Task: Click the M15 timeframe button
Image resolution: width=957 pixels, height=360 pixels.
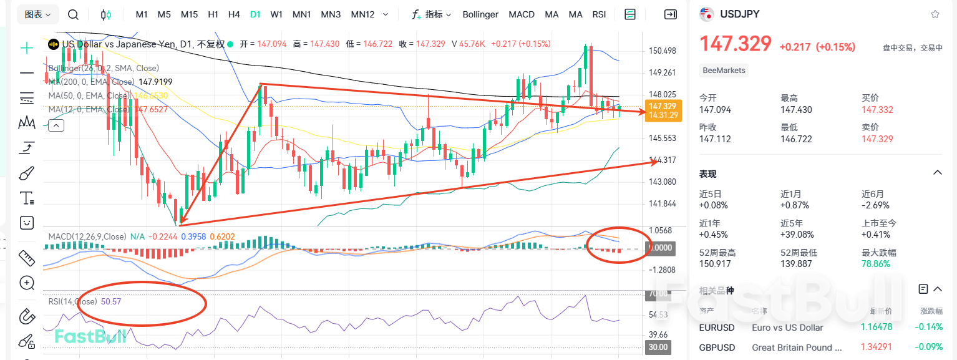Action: point(189,14)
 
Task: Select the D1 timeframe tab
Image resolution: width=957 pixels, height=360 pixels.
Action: point(255,14)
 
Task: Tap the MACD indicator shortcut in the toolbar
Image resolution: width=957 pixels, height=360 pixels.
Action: point(521,14)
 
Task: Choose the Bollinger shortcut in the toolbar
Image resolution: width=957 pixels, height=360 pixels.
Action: point(481,14)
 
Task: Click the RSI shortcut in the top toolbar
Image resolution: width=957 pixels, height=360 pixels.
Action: point(599,14)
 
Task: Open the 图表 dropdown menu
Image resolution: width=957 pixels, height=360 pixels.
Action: point(39,14)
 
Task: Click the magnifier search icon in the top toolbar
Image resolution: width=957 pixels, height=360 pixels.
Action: point(73,14)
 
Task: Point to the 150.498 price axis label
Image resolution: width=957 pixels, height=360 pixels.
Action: point(663,51)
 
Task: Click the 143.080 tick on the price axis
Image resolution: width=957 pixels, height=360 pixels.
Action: point(663,182)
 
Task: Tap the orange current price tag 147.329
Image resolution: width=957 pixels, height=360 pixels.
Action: point(663,107)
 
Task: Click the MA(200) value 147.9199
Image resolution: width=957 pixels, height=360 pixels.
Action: point(155,82)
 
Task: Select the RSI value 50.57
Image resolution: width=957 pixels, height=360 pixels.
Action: point(111,301)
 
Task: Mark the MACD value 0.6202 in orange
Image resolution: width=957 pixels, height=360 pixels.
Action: point(221,236)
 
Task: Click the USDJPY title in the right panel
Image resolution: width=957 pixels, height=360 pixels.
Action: point(740,14)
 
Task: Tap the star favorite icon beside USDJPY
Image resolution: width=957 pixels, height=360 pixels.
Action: point(935,14)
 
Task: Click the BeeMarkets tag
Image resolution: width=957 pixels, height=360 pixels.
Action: point(724,71)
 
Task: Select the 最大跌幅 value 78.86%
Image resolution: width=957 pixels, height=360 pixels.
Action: point(876,264)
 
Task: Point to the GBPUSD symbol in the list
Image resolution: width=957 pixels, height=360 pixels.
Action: point(717,348)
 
